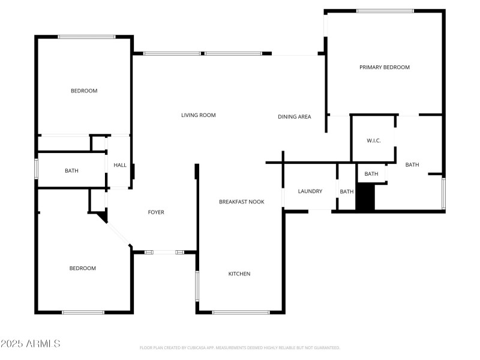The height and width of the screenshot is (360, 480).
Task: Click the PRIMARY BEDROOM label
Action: (384, 67)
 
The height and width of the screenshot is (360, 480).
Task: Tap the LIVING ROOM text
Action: (198, 115)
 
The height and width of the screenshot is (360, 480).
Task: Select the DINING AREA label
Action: (294, 116)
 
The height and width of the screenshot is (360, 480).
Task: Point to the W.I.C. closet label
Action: (373, 141)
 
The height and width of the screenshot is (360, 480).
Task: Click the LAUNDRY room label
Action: (310, 191)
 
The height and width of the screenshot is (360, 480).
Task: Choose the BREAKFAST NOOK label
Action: (241, 202)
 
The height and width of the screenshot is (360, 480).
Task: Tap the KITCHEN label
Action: (239, 274)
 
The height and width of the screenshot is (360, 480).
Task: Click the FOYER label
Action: (156, 212)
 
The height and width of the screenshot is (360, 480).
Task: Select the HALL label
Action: (120, 165)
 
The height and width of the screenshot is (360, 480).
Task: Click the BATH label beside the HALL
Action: (71, 171)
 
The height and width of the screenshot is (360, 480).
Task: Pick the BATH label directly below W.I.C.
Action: (371, 174)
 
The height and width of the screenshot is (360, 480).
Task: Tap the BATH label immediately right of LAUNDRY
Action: (347, 192)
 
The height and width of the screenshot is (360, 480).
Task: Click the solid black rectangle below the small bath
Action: (365, 197)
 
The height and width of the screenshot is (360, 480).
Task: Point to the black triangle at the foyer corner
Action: (102, 215)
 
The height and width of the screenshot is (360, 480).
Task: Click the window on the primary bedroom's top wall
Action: (385, 11)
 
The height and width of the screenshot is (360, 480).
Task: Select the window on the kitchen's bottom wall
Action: (241, 312)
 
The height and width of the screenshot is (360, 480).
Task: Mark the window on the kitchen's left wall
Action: (197, 286)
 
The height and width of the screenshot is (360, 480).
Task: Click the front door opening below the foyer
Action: (164, 253)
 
